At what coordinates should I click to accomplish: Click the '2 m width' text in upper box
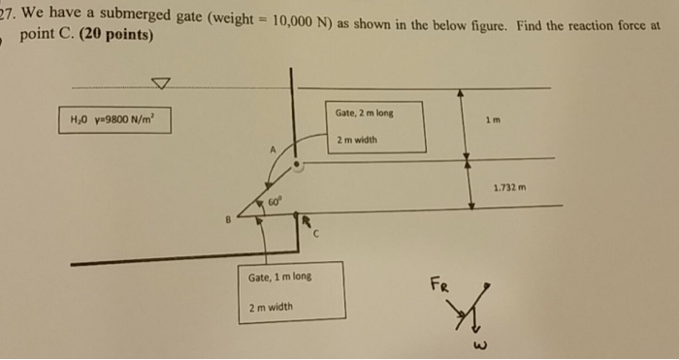357,140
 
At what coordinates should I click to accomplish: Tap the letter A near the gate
274,149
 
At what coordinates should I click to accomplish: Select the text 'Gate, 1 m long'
280,277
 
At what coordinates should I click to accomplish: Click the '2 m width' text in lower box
271,307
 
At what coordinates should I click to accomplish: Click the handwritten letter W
479,344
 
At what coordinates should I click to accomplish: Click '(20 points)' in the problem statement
116,35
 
